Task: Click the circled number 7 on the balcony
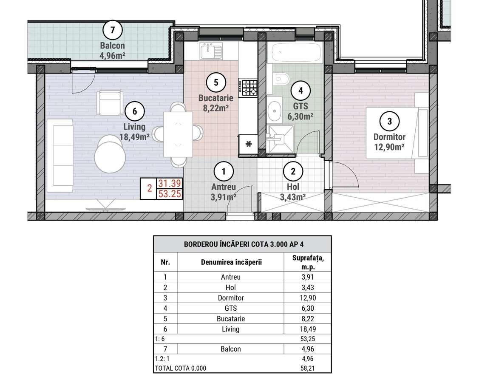(113, 30)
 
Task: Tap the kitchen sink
(211, 51)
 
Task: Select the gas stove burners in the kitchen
(248, 88)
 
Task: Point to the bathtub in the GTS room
(296, 52)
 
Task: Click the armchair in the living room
(110, 103)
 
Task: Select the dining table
(178, 134)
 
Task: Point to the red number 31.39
(170, 183)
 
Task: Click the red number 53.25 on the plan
(170, 194)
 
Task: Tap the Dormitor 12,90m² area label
(389, 142)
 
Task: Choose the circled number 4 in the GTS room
(300, 91)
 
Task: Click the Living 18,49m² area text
(134, 132)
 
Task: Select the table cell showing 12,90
(308, 298)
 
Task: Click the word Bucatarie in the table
(231, 319)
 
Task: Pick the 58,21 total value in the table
(308, 368)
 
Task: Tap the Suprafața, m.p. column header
(308, 262)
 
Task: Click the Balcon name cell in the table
(231, 349)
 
